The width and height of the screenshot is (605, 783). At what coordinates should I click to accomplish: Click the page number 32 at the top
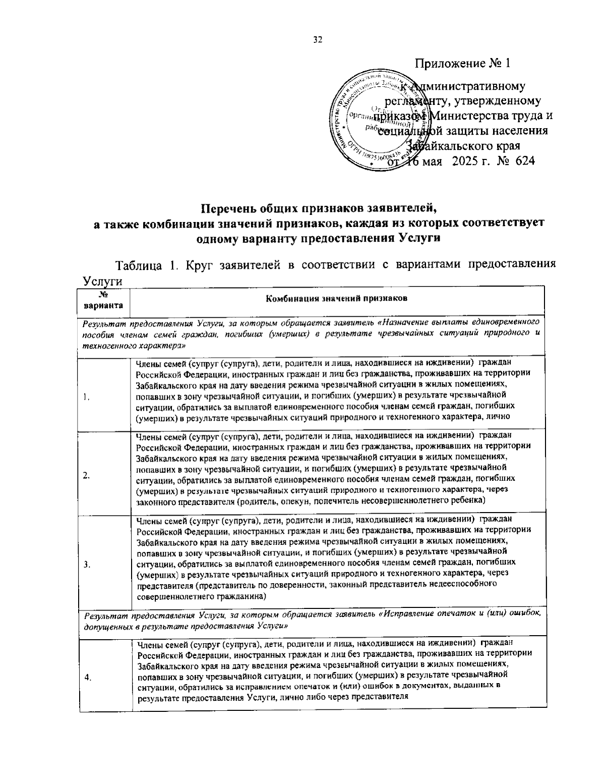(317, 40)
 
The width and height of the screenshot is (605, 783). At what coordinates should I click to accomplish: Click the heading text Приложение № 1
(463, 64)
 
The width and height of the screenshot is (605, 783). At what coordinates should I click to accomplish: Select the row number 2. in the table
(87, 475)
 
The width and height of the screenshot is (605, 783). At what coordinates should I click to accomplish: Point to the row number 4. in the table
(88, 678)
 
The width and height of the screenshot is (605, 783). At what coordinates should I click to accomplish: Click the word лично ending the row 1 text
(501, 417)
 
